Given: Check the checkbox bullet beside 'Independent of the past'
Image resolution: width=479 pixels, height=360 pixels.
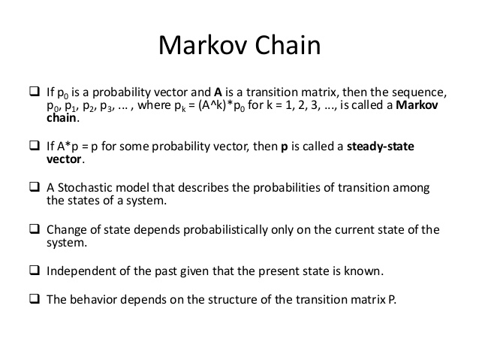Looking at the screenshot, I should [34, 269].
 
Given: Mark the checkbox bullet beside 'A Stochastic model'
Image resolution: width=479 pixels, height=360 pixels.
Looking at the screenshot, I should [34, 186].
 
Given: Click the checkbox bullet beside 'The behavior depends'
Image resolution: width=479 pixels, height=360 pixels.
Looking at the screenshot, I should [34, 298].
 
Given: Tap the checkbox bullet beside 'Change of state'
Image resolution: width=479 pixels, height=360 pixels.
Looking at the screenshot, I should [34, 229].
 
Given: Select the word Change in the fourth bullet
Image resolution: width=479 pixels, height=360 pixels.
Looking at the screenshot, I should [67, 230].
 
